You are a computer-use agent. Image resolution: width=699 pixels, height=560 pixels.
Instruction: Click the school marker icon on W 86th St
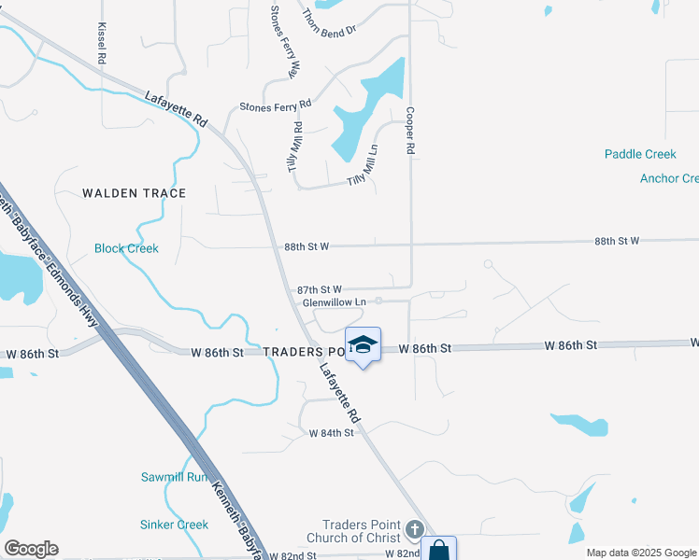click(363, 345)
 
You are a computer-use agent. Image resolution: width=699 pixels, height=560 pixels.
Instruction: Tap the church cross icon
click(415, 532)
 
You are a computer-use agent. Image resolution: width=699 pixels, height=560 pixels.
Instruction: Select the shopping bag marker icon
click(438, 551)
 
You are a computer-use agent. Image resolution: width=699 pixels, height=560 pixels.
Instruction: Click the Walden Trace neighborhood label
click(134, 193)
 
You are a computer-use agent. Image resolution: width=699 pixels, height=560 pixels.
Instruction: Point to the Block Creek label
click(126, 248)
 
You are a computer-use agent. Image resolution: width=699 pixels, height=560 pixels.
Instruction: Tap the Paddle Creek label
click(639, 154)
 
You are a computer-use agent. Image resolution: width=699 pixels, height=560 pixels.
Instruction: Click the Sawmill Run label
click(173, 477)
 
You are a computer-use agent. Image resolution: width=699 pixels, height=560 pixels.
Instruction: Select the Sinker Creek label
click(174, 525)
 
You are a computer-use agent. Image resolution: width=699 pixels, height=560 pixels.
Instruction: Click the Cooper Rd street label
click(409, 129)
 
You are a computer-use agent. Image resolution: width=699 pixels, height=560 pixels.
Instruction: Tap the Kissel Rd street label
click(100, 44)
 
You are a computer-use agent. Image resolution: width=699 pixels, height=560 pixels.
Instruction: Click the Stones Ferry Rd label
click(275, 107)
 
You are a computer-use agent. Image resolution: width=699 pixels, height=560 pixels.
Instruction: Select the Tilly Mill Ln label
click(364, 170)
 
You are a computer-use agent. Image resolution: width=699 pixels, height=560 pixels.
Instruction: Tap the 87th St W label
click(320, 290)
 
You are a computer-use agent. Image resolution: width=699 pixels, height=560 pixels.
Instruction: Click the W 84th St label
click(332, 433)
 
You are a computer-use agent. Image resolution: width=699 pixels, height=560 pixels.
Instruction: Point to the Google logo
click(31, 549)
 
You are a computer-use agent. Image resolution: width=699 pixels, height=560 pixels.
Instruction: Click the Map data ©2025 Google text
click(640, 553)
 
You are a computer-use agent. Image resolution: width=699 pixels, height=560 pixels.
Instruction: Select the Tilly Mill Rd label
click(296, 147)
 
